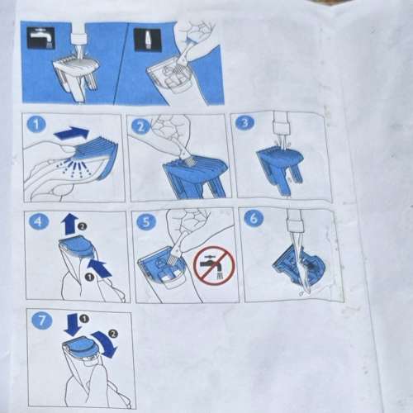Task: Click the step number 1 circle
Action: click(x=36, y=125)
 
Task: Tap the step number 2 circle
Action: click(x=140, y=127)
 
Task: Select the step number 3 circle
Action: click(x=244, y=122)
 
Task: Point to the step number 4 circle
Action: click(x=39, y=221)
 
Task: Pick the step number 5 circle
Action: click(x=146, y=221)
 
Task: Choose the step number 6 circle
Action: click(x=253, y=219)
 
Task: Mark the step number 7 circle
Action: click(x=41, y=320)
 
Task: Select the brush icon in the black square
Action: click(x=145, y=40)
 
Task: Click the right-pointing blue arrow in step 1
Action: click(x=72, y=133)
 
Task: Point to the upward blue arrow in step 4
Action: click(x=69, y=224)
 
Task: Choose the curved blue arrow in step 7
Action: click(x=106, y=344)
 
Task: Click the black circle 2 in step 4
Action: click(x=82, y=226)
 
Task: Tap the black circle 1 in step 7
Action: click(x=84, y=319)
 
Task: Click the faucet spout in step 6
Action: click(x=294, y=221)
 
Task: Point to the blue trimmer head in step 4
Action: click(x=75, y=246)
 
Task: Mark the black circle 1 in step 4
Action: click(x=89, y=278)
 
